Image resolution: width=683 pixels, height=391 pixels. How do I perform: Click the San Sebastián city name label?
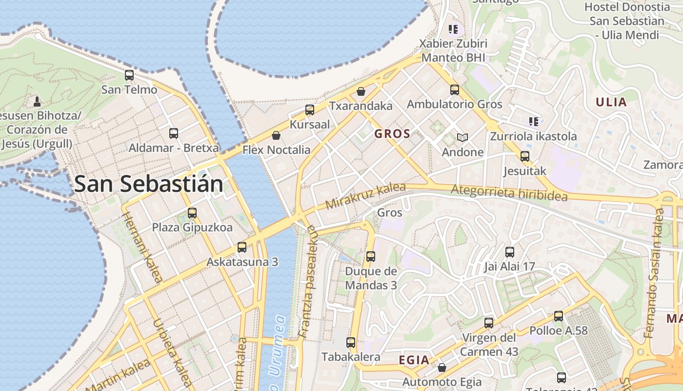point(149,184)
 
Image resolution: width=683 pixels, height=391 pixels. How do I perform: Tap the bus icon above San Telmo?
point(129,75)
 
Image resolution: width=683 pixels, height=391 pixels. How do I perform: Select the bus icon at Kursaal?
point(310,110)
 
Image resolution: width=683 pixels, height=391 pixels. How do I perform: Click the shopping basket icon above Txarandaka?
point(361,91)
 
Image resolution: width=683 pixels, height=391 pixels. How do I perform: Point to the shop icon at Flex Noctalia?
point(276,135)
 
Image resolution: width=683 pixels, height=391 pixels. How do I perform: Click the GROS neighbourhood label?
point(392,133)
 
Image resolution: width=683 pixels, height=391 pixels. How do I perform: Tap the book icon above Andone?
point(462,138)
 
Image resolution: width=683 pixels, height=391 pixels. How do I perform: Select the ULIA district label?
point(611,102)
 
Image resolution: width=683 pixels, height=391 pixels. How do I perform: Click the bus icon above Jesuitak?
point(525,156)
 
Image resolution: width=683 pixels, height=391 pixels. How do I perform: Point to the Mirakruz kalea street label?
point(365,196)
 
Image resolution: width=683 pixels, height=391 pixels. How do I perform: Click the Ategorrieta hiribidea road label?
point(509,193)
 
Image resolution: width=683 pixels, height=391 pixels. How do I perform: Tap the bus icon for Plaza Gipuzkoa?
point(192,213)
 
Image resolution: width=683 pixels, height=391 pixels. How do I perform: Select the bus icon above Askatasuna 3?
point(242,247)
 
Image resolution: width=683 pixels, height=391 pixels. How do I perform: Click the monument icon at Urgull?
point(37,102)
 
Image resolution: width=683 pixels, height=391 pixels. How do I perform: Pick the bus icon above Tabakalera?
point(351,343)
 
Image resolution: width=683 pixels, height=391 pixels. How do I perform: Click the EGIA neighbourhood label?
point(414,360)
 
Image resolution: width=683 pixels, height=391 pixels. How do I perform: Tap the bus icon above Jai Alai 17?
point(510,252)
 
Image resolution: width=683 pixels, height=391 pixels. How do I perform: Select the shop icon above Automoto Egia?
point(442,368)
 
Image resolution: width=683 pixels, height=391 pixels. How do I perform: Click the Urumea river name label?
point(277,352)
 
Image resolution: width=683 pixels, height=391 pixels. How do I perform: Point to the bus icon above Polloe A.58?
point(559,316)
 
